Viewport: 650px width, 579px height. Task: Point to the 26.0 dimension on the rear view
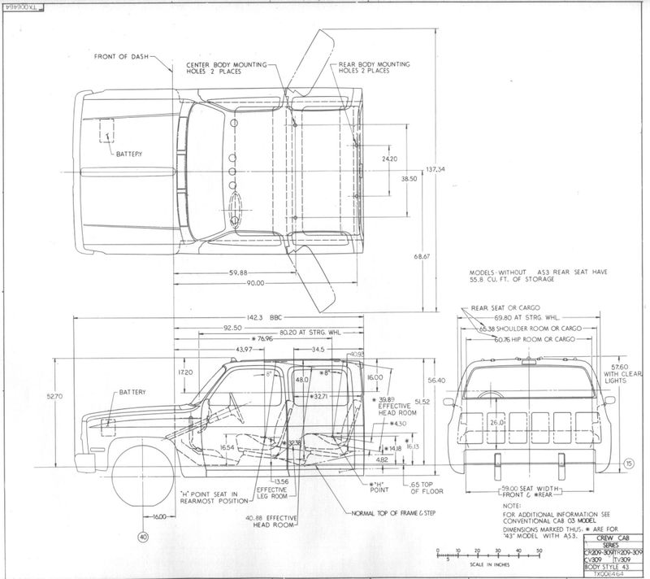495,424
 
